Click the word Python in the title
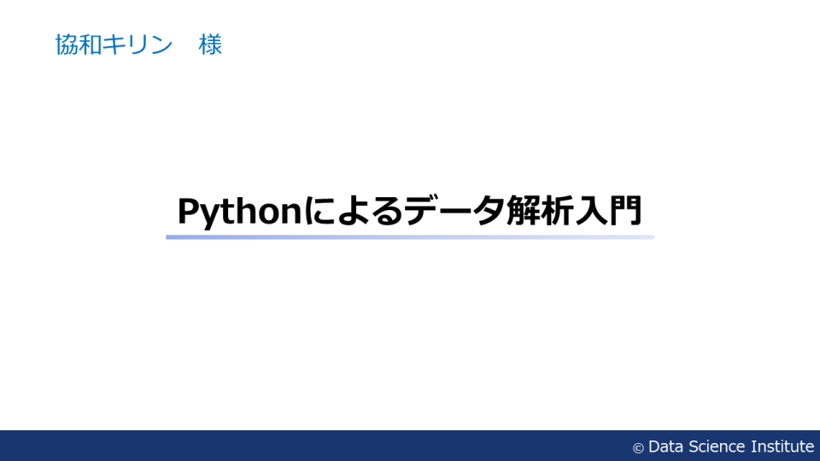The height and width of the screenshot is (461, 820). (x=240, y=212)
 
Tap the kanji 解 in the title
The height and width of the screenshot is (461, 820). (x=523, y=211)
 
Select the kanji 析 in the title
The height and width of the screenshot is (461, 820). (x=557, y=211)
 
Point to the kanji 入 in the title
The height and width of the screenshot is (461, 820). (x=591, y=211)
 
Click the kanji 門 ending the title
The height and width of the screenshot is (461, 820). (x=625, y=211)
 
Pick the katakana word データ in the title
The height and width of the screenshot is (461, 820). (x=455, y=211)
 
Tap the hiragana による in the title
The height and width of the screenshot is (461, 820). (x=354, y=211)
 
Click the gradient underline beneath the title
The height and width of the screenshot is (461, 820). (x=410, y=237)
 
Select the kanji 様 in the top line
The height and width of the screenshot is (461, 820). (x=210, y=44)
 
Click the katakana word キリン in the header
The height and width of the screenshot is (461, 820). (x=138, y=44)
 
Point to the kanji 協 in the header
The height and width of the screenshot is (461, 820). (x=67, y=44)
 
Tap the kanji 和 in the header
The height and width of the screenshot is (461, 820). (x=91, y=44)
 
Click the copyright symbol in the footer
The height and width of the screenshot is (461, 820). (x=638, y=448)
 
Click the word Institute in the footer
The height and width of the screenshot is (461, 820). (x=782, y=446)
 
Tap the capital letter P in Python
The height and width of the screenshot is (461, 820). (x=188, y=211)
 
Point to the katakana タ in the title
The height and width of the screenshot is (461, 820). (x=489, y=211)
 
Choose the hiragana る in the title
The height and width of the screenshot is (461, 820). (x=388, y=211)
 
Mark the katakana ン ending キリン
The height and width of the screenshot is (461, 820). (x=161, y=44)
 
